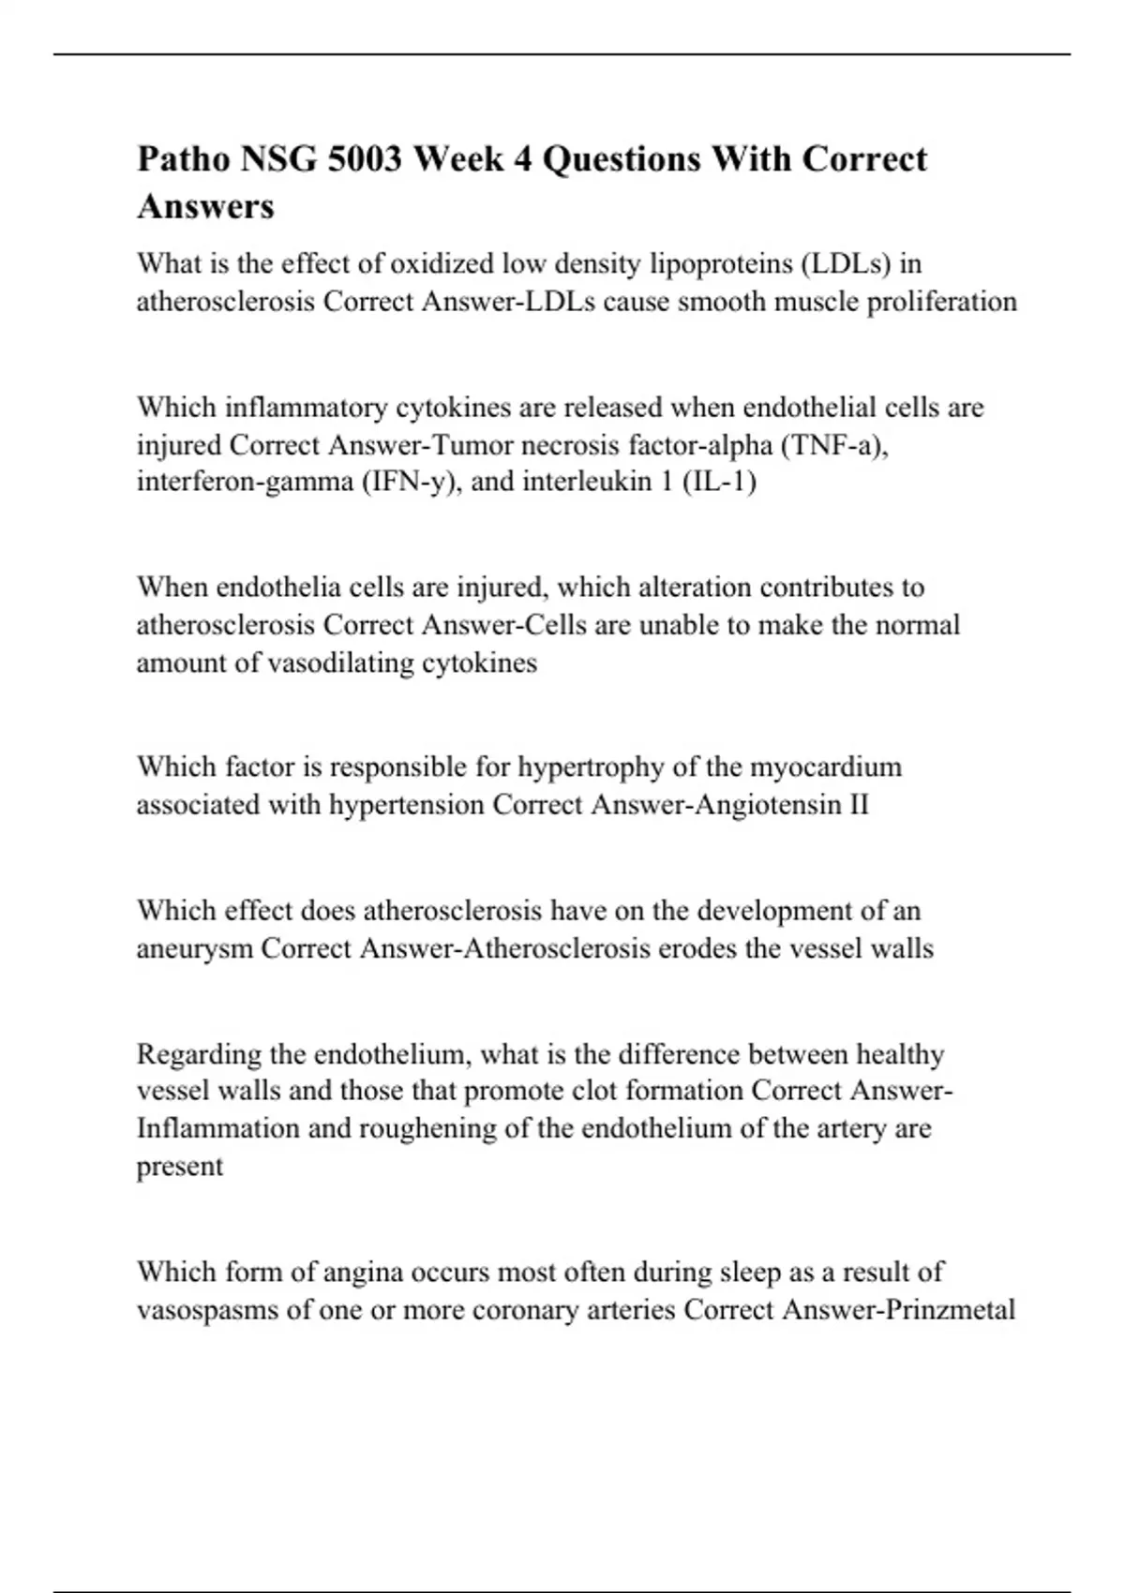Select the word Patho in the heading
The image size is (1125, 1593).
point(184,159)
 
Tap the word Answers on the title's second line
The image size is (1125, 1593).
point(205,206)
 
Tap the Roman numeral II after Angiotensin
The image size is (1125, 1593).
point(858,805)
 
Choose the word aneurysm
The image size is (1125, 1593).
point(195,949)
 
